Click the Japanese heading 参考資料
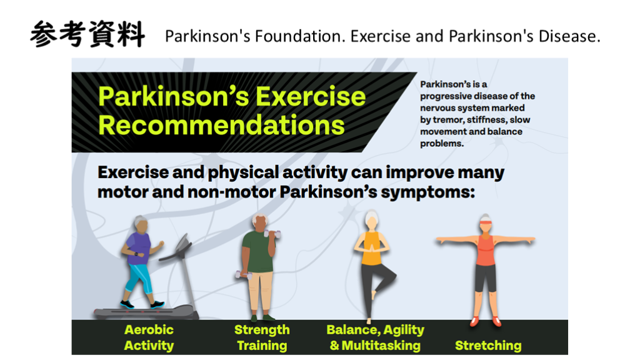click(87, 34)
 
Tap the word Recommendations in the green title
click(222, 125)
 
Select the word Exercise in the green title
click(311, 96)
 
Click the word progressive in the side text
click(444, 97)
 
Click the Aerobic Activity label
click(149, 337)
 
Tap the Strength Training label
click(262, 337)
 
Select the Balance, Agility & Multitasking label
click(375, 337)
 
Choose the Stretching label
click(488, 346)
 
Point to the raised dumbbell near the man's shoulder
click(272, 234)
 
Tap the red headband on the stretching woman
click(486, 222)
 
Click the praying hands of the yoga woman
click(371, 248)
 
